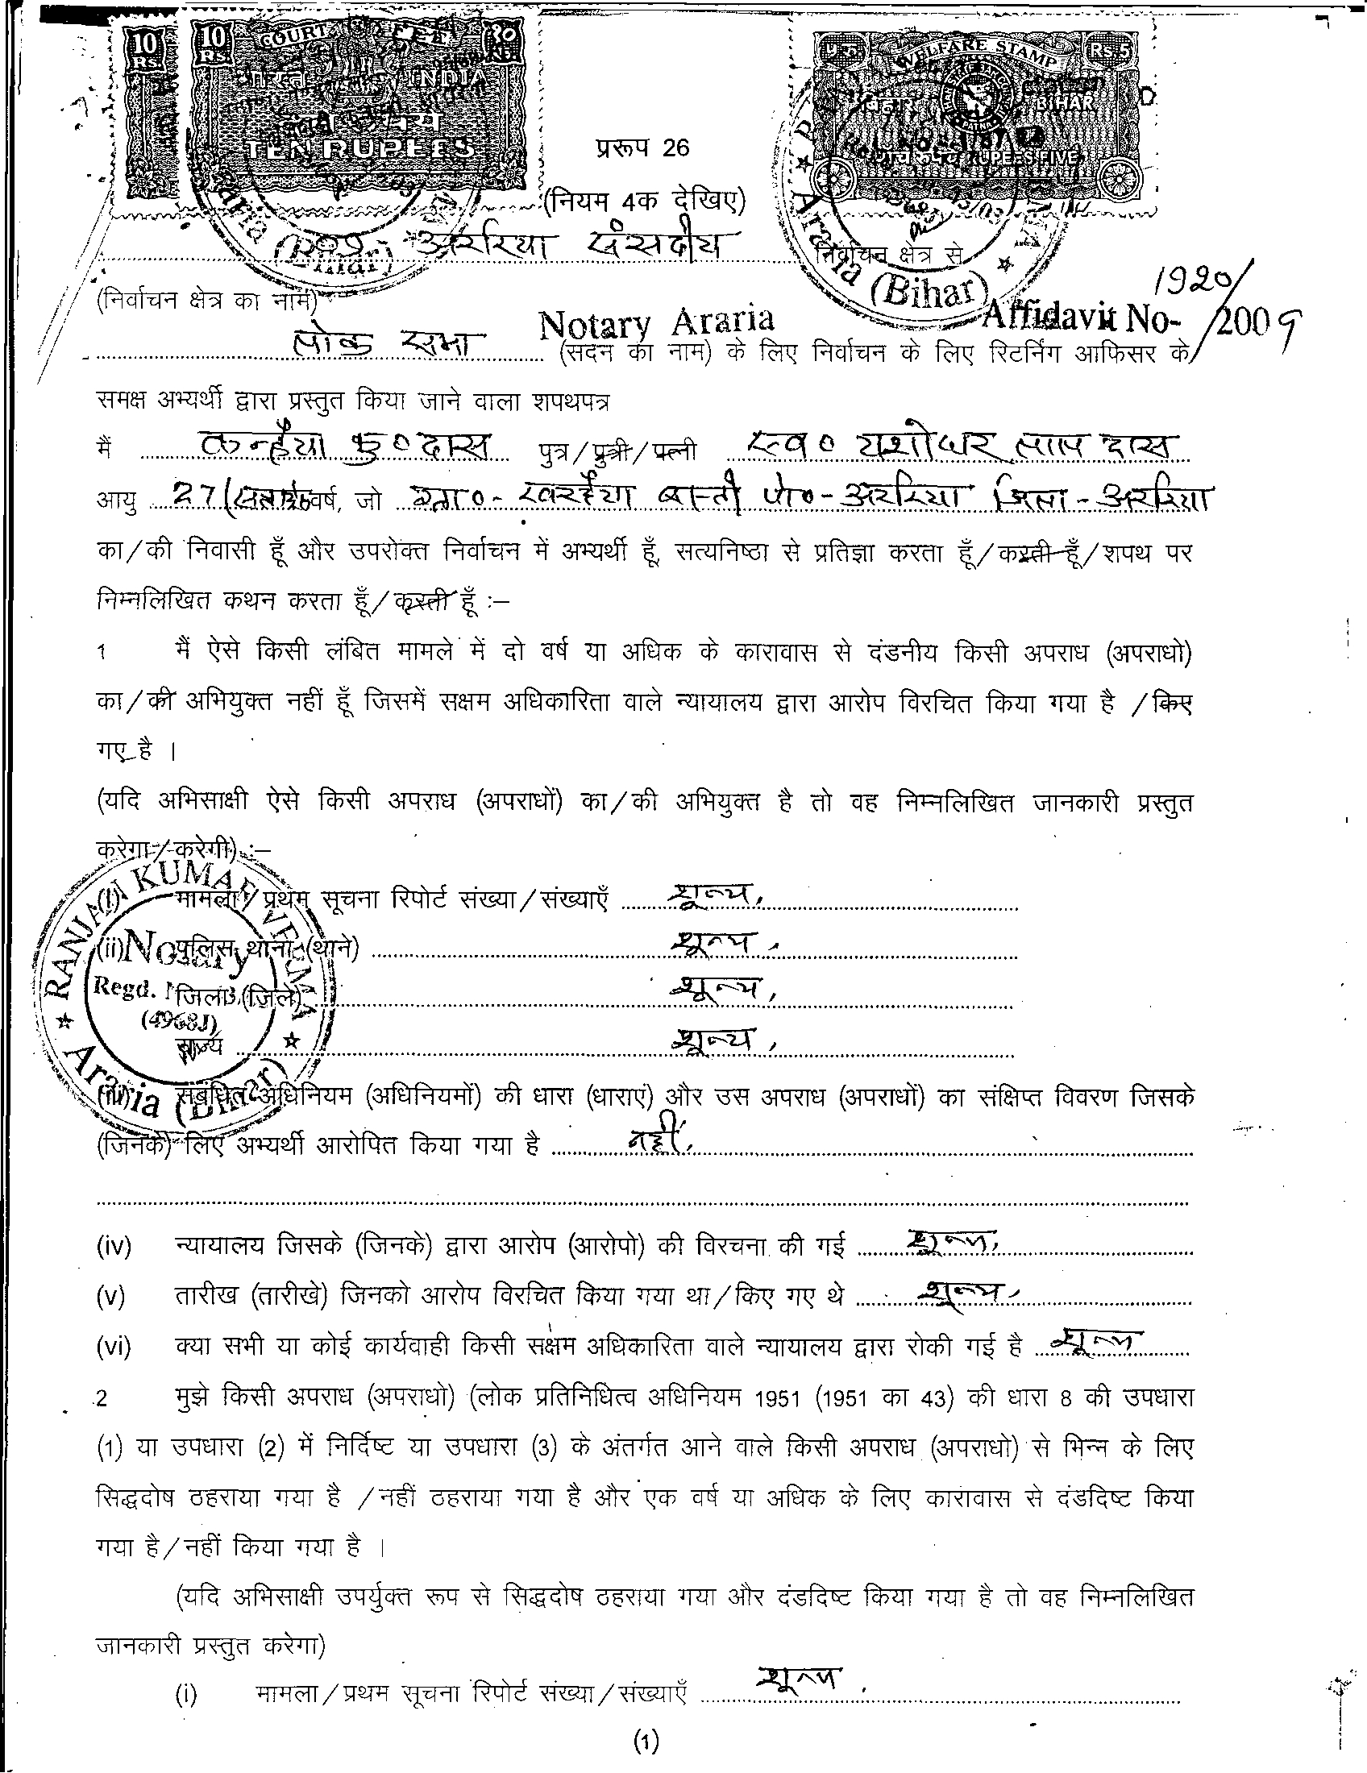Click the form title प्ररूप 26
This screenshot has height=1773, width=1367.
point(641,148)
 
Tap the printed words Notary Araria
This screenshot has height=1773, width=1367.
point(656,324)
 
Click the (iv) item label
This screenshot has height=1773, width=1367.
point(113,1247)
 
